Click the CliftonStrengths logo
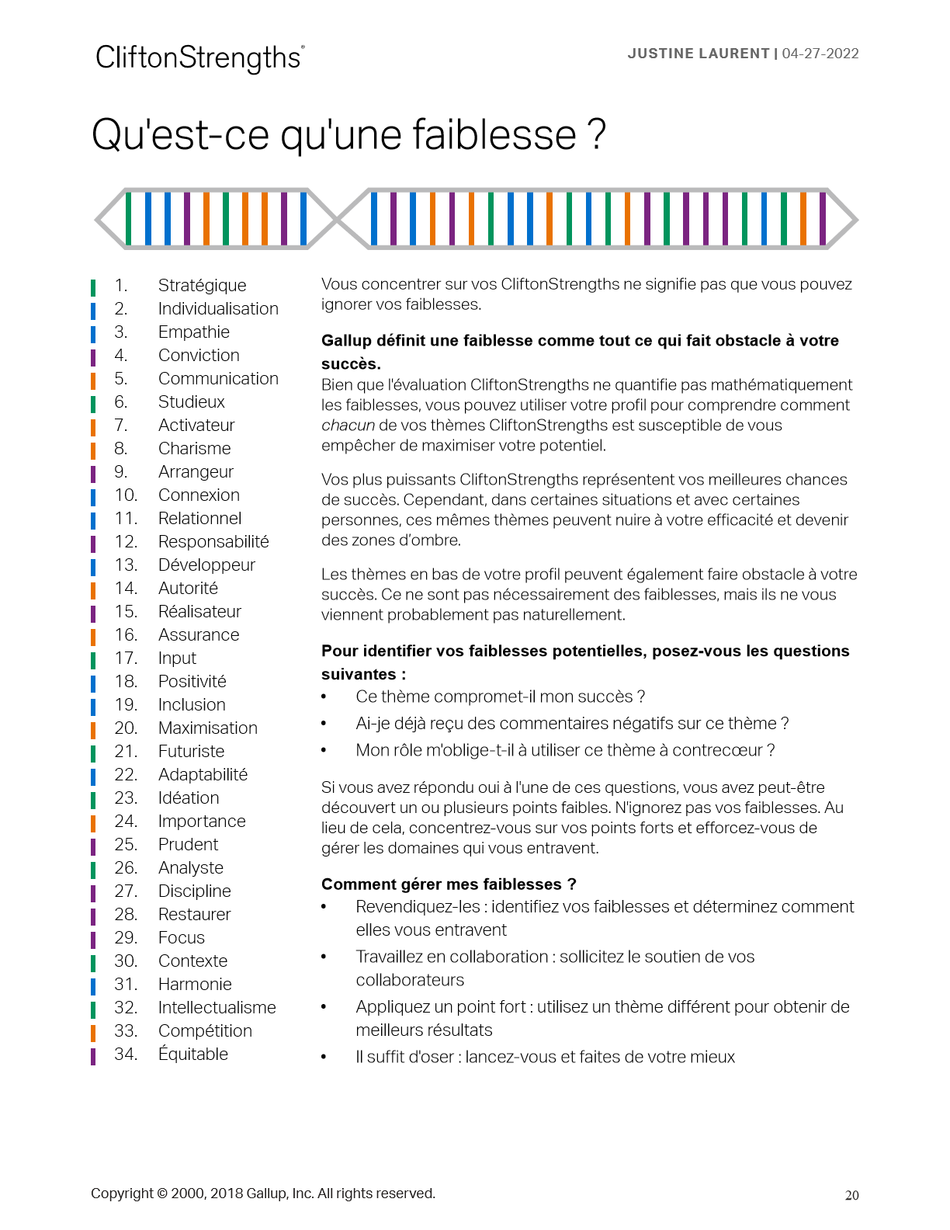tap(199, 58)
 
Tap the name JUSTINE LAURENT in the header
tap(698, 54)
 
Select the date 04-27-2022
tap(820, 54)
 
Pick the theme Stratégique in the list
tap(202, 286)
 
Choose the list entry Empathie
tap(193, 332)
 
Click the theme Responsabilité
tap(213, 542)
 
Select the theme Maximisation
tap(207, 728)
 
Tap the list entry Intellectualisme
tap(217, 1008)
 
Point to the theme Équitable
tap(192, 1055)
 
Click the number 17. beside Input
tap(126, 658)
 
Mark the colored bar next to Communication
tap(93, 380)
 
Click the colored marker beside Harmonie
tap(93, 985)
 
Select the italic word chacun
tap(348, 426)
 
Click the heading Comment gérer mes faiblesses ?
tap(449, 884)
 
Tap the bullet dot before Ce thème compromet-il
tap(324, 697)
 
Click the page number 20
tap(851, 1196)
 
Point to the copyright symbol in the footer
tap(161, 1194)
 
